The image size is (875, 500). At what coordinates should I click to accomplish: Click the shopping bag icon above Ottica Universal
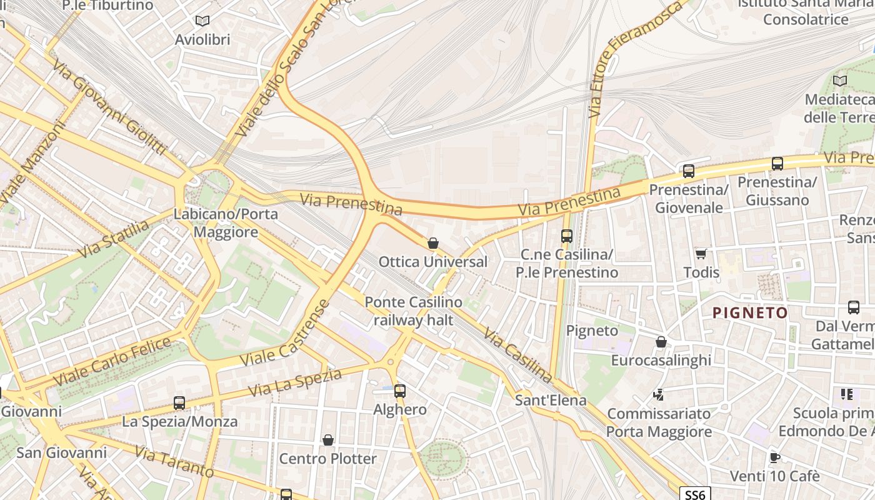(x=433, y=243)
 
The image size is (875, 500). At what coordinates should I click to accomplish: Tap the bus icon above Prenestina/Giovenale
(x=689, y=171)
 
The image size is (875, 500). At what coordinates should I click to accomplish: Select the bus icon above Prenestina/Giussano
(x=777, y=164)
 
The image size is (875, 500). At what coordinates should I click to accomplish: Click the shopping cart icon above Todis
(x=701, y=254)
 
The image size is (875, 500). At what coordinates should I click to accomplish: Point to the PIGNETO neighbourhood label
(x=751, y=312)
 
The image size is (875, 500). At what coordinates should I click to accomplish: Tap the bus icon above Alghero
(x=400, y=391)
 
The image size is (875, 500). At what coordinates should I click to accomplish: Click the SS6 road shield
(x=695, y=495)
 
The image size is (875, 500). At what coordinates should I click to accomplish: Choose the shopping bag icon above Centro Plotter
(x=328, y=440)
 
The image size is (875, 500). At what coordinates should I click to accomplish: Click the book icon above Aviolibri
(x=202, y=21)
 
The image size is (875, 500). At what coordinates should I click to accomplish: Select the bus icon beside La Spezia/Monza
(x=179, y=403)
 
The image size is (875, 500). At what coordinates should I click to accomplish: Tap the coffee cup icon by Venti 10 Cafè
(x=775, y=457)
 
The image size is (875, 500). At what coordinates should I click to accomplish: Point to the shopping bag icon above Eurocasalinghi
(x=661, y=342)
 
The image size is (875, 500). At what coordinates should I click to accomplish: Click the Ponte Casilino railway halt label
(x=413, y=311)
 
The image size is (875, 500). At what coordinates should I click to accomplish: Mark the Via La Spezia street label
(x=295, y=382)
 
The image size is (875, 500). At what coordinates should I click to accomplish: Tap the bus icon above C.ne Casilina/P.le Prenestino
(x=567, y=236)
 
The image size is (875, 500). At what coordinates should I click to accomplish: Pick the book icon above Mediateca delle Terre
(x=840, y=81)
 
